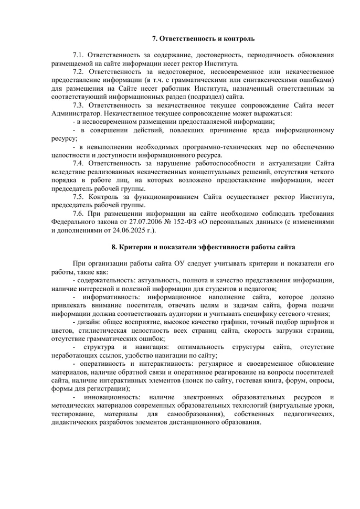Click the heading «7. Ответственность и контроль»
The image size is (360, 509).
203,39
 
